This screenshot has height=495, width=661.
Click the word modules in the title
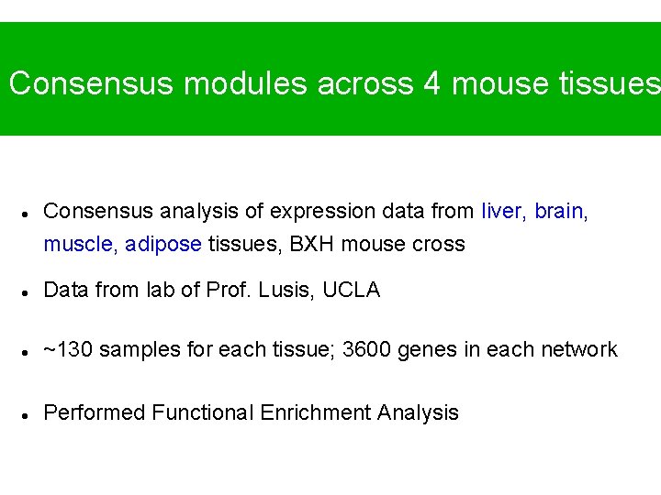tap(245, 83)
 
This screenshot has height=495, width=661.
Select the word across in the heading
tap(364, 83)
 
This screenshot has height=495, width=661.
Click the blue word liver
tap(502, 211)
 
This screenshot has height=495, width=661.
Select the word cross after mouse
tap(439, 245)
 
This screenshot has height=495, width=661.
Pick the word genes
tap(431, 350)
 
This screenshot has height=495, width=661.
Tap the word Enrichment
tap(314, 412)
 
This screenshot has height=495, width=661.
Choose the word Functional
tap(202, 412)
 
